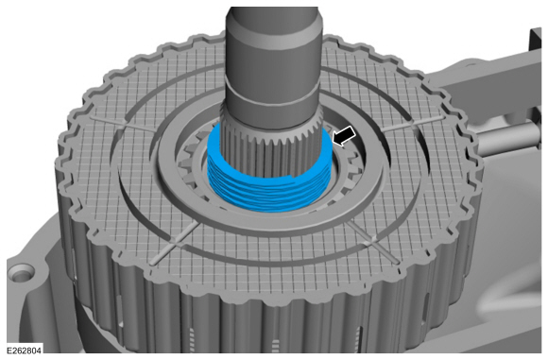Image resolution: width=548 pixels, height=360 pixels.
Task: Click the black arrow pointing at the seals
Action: point(346,136)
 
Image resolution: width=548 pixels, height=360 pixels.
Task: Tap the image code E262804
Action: point(25,350)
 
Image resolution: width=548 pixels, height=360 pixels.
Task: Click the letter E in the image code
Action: point(8,350)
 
